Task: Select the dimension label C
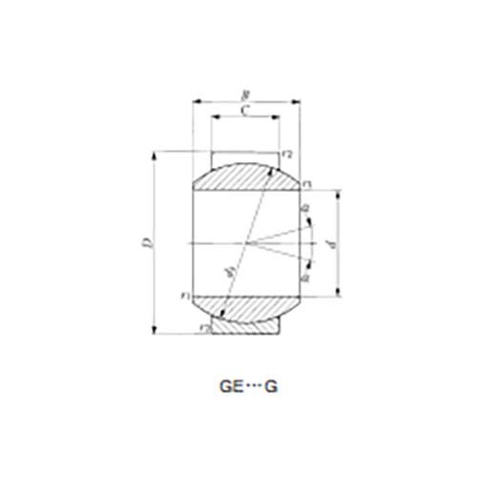tap(245, 111)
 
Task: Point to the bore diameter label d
tap(329, 244)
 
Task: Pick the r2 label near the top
tap(287, 155)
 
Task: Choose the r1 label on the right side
tap(307, 181)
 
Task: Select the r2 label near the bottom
tap(203, 327)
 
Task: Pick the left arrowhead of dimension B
tap(196, 99)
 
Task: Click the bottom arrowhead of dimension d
tap(340, 295)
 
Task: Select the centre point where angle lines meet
tap(254, 243)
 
